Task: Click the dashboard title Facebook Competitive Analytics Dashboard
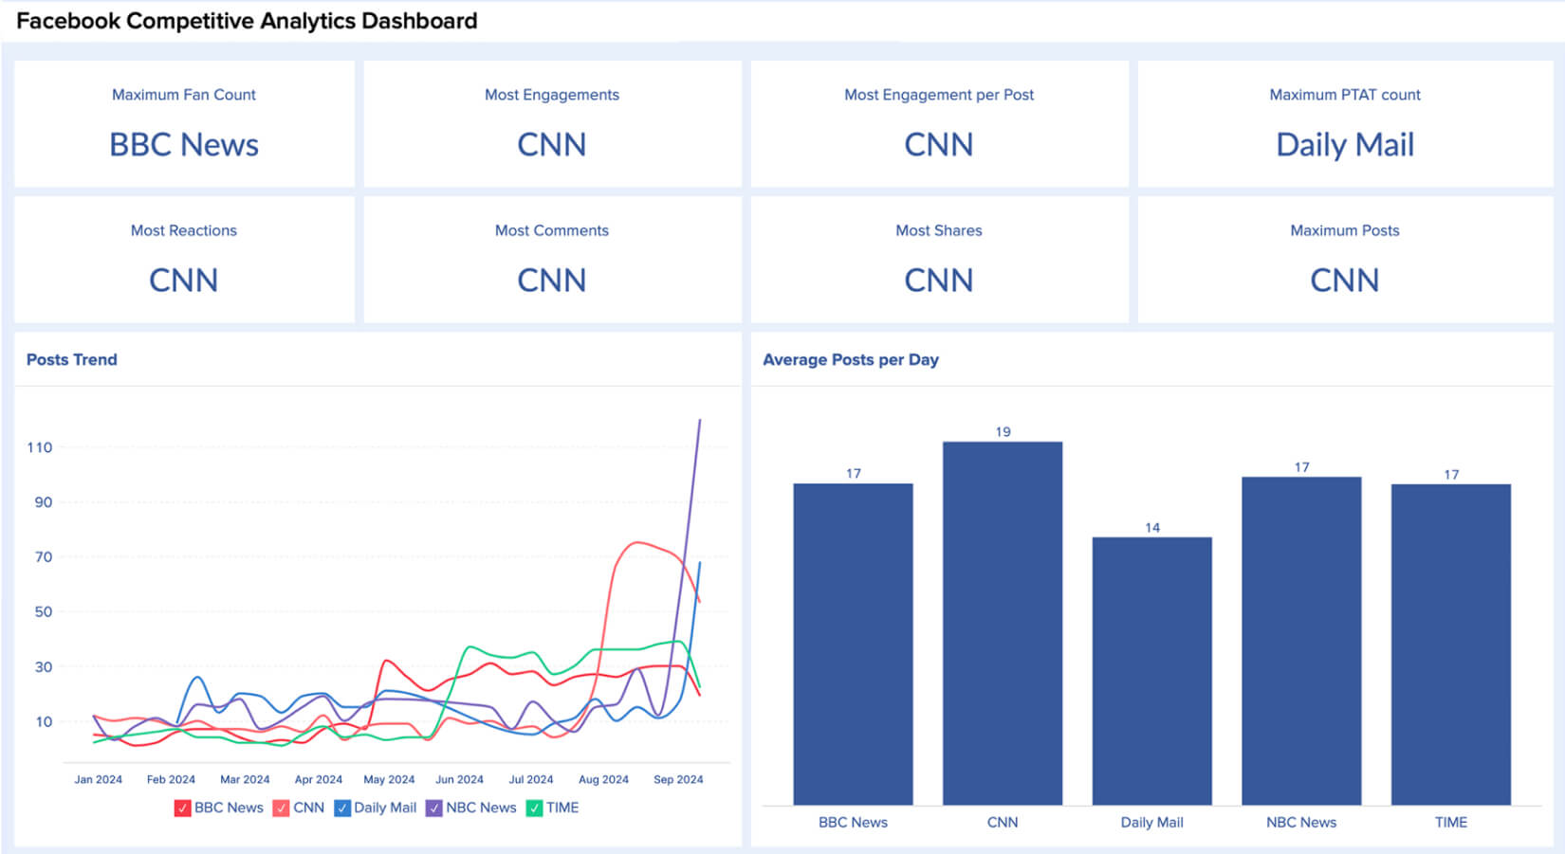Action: pyautogui.click(x=247, y=21)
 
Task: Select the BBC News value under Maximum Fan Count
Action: pyautogui.click(x=184, y=145)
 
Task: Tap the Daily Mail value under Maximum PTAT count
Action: pyautogui.click(x=1344, y=145)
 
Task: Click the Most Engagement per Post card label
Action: pyautogui.click(x=938, y=95)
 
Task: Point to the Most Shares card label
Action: pyautogui.click(x=938, y=230)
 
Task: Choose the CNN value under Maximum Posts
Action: pyautogui.click(x=1344, y=281)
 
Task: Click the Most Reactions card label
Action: pyautogui.click(x=184, y=230)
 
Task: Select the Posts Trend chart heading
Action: pyautogui.click(x=72, y=360)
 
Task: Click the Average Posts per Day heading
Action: pyautogui.click(x=850, y=360)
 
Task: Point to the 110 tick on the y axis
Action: pyautogui.click(x=40, y=447)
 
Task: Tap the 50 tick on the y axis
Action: pyautogui.click(x=44, y=612)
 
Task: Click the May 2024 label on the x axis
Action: pyautogui.click(x=389, y=779)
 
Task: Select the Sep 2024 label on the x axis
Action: pyautogui.click(x=678, y=779)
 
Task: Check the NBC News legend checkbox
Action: pyautogui.click(x=434, y=809)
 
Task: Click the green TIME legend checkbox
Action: pyautogui.click(x=534, y=809)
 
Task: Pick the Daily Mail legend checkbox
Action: pyautogui.click(x=342, y=809)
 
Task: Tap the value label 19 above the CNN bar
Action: pyautogui.click(x=1003, y=432)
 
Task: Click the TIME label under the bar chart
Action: pyautogui.click(x=1450, y=823)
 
